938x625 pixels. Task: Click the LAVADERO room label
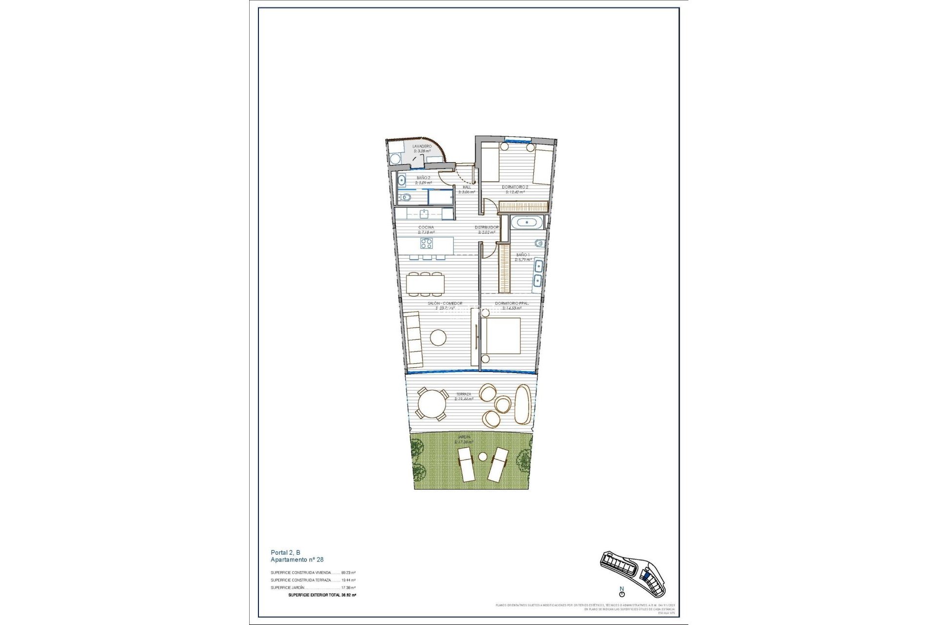coord(422,146)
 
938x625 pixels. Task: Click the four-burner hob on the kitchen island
coord(426,243)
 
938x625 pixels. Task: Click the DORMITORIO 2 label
coord(515,187)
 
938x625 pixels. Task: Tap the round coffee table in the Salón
coord(438,337)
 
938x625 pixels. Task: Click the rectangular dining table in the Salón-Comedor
coord(426,284)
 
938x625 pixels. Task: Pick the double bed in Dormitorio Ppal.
coord(503,335)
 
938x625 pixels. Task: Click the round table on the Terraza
coord(431,404)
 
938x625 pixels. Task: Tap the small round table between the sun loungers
coord(483,457)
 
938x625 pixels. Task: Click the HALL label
coord(467,187)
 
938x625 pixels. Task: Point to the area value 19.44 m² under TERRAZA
coord(464,399)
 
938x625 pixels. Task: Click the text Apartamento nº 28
coord(297,560)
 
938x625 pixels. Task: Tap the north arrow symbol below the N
coord(622,594)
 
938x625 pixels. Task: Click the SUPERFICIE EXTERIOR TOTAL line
coord(322,595)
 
